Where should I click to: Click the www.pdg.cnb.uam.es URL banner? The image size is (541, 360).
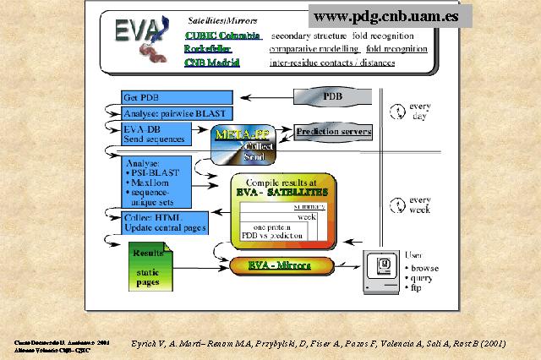point(390,15)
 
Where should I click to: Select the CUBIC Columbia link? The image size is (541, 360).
point(223,35)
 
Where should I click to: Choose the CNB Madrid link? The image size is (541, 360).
point(212,62)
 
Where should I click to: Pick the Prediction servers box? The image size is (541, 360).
point(334,132)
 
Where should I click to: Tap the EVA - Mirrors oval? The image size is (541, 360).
point(278,265)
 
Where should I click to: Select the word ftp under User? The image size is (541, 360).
point(416,288)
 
